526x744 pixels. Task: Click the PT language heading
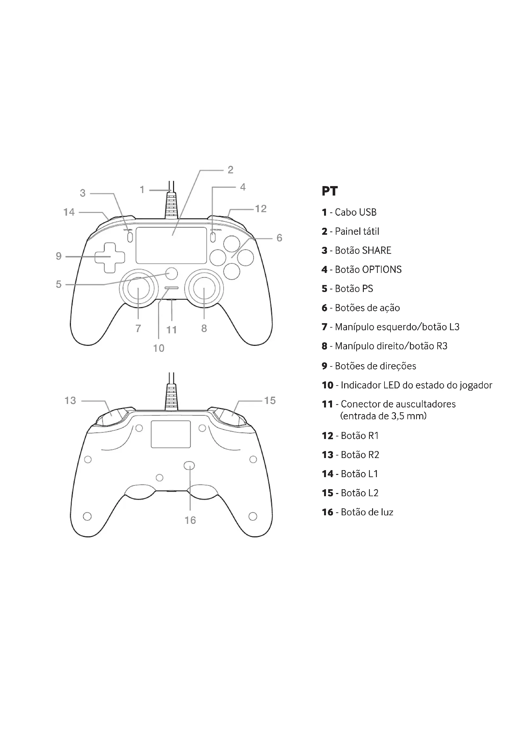click(x=329, y=191)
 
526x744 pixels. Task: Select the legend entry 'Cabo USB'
click(x=355, y=212)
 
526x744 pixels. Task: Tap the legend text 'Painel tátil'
click(x=356, y=231)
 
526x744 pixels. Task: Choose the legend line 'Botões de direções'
click(x=375, y=366)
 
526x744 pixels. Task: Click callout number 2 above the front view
click(x=230, y=170)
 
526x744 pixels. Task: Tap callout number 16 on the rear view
click(x=190, y=520)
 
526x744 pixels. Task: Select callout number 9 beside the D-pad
click(x=59, y=256)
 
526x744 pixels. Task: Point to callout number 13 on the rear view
click(x=70, y=400)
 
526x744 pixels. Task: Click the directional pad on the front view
click(x=109, y=258)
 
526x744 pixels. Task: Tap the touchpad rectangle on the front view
click(x=171, y=245)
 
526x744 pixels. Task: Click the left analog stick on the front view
click(x=138, y=288)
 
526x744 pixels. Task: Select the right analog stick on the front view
click(x=204, y=288)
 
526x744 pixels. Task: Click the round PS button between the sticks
click(x=172, y=273)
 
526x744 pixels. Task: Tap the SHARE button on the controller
click(x=130, y=237)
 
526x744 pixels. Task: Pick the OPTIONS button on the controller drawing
click(x=213, y=237)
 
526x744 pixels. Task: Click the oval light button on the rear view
click(x=190, y=466)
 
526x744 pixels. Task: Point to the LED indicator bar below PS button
click(x=171, y=288)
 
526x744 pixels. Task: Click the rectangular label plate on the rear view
click(x=171, y=434)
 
